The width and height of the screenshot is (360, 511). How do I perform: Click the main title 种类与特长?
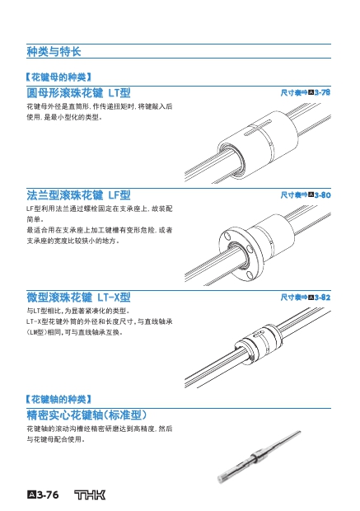54,51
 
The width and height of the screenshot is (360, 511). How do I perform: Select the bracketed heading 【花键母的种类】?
58,77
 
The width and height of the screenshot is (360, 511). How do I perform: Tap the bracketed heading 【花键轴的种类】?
58,399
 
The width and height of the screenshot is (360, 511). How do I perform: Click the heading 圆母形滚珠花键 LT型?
78,93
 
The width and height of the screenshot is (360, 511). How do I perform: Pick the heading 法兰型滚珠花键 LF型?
78,195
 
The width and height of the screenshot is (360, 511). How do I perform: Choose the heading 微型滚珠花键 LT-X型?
78,298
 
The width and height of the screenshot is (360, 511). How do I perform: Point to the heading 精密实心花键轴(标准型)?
86,415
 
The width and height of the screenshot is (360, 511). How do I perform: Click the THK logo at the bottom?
90,495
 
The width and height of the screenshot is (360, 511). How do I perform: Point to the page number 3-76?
43,495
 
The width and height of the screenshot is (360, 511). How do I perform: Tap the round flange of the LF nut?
241,255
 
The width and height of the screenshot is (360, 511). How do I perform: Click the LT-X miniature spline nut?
258,344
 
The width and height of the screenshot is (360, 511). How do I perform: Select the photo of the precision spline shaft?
259,457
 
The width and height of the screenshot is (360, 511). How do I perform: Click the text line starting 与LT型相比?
78,311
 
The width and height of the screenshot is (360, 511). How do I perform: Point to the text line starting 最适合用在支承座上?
100,230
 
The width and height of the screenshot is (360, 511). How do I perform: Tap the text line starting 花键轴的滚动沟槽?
100,429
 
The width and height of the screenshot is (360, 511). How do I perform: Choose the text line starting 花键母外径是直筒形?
100,106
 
